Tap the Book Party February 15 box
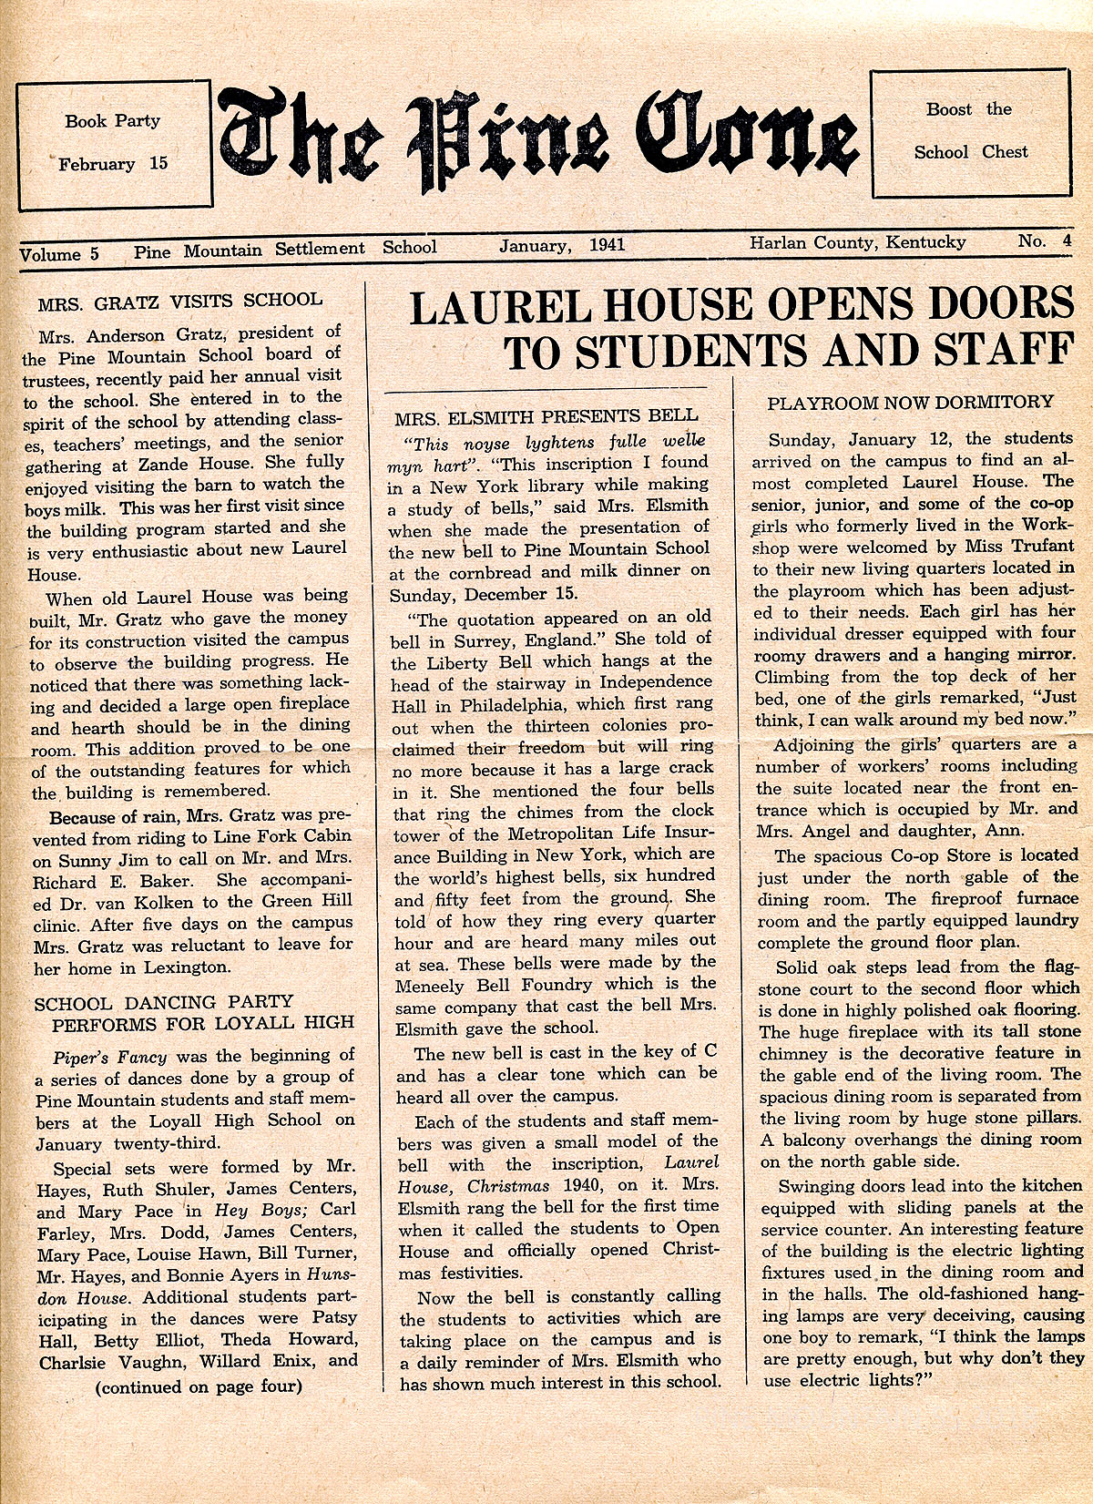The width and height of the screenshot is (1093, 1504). pyautogui.click(x=114, y=143)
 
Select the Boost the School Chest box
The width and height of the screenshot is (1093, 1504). pyautogui.click(x=971, y=133)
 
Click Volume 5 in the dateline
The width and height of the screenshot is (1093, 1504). pyautogui.click(x=59, y=254)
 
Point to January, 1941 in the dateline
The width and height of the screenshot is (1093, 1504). pyautogui.click(x=562, y=245)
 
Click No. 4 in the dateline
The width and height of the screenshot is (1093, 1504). pyautogui.click(x=1045, y=241)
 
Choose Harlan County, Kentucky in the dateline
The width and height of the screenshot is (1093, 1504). pyautogui.click(x=858, y=242)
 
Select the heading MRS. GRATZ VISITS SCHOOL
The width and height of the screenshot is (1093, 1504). pyautogui.click(x=180, y=300)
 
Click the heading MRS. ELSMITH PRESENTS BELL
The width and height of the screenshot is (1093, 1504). pyautogui.click(x=546, y=417)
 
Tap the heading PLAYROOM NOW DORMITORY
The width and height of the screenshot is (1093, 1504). pyautogui.click(x=910, y=402)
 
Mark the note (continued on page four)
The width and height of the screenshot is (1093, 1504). pyautogui.click(x=198, y=1387)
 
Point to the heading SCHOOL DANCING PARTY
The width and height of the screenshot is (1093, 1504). pyautogui.click(x=164, y=1003)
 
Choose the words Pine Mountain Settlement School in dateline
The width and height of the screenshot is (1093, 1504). pyautogui.click(x=285, y=249)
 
